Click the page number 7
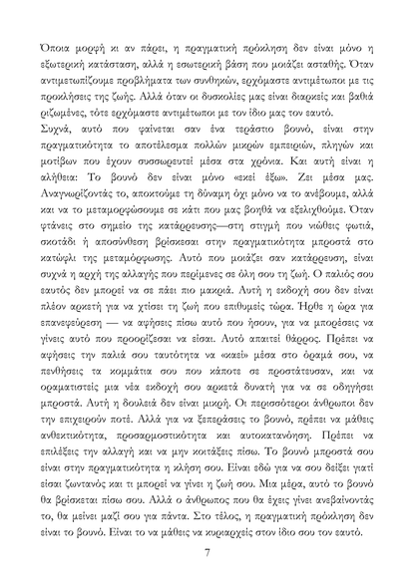click(x=207, y=552)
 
